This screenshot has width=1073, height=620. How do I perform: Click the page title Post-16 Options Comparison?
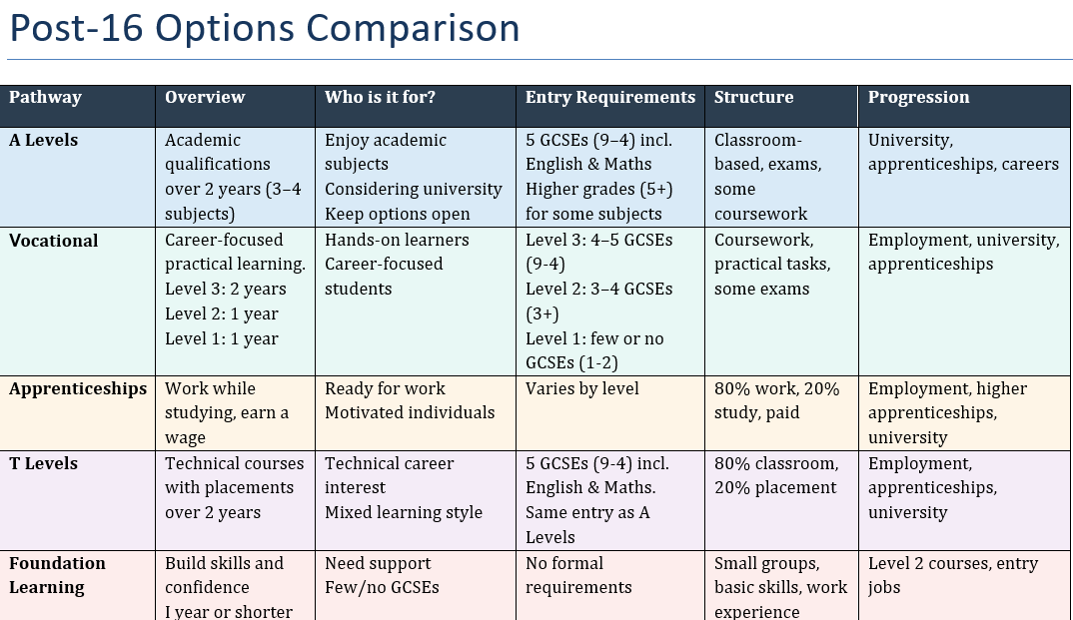264,28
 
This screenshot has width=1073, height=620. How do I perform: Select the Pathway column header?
45,98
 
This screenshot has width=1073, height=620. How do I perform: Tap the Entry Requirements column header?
609,98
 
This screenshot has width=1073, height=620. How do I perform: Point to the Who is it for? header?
380,98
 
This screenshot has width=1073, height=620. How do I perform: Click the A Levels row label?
43,141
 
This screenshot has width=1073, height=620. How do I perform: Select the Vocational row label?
54,241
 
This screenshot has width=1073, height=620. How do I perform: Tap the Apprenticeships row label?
78,389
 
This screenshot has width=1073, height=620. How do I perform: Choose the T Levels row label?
43,464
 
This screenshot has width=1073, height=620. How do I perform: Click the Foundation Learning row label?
57,576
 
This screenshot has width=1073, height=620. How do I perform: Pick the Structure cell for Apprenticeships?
776,401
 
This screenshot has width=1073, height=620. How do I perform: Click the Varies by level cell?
581,389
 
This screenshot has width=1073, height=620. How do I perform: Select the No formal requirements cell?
578,576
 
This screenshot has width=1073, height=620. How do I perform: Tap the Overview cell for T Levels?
234,488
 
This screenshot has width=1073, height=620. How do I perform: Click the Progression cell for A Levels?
962,153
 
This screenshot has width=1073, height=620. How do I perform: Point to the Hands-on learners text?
397,241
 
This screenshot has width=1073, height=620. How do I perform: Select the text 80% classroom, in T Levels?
776,464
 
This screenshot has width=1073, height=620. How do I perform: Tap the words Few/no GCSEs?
382,588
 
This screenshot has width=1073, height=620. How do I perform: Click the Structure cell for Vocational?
772,265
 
